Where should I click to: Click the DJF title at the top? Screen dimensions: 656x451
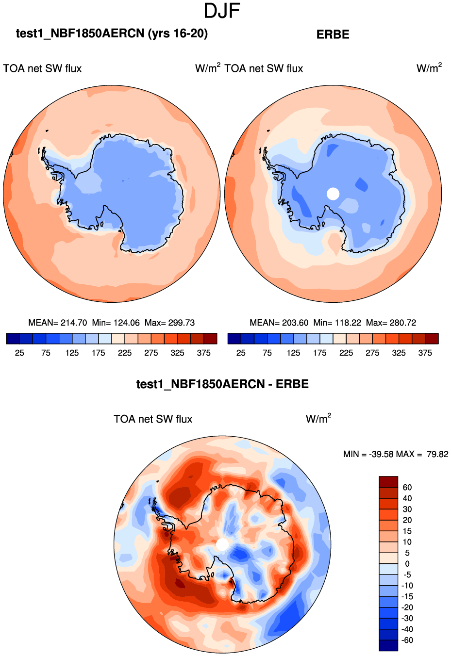222,11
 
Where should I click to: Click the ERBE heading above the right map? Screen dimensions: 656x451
333,34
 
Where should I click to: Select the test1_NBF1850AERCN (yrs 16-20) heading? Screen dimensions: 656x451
112,33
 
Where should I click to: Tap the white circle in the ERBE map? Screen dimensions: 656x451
333,194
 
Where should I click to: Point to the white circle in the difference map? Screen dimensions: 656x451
222,544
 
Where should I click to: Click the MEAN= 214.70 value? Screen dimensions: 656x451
58,323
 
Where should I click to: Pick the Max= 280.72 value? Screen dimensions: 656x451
391,323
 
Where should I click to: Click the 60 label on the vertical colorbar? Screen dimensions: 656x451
407,488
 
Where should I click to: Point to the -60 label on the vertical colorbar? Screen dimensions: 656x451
407,640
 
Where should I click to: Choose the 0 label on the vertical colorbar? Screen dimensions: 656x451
407,564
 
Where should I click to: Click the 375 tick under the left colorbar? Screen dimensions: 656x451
203,353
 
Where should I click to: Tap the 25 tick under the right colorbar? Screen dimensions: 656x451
241,353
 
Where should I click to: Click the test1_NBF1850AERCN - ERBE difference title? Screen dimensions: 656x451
222,384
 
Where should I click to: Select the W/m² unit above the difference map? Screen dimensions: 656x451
318,419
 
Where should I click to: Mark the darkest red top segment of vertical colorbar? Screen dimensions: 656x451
388,482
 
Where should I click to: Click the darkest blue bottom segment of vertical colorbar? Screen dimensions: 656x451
388,645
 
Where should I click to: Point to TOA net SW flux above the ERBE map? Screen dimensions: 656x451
264,68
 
